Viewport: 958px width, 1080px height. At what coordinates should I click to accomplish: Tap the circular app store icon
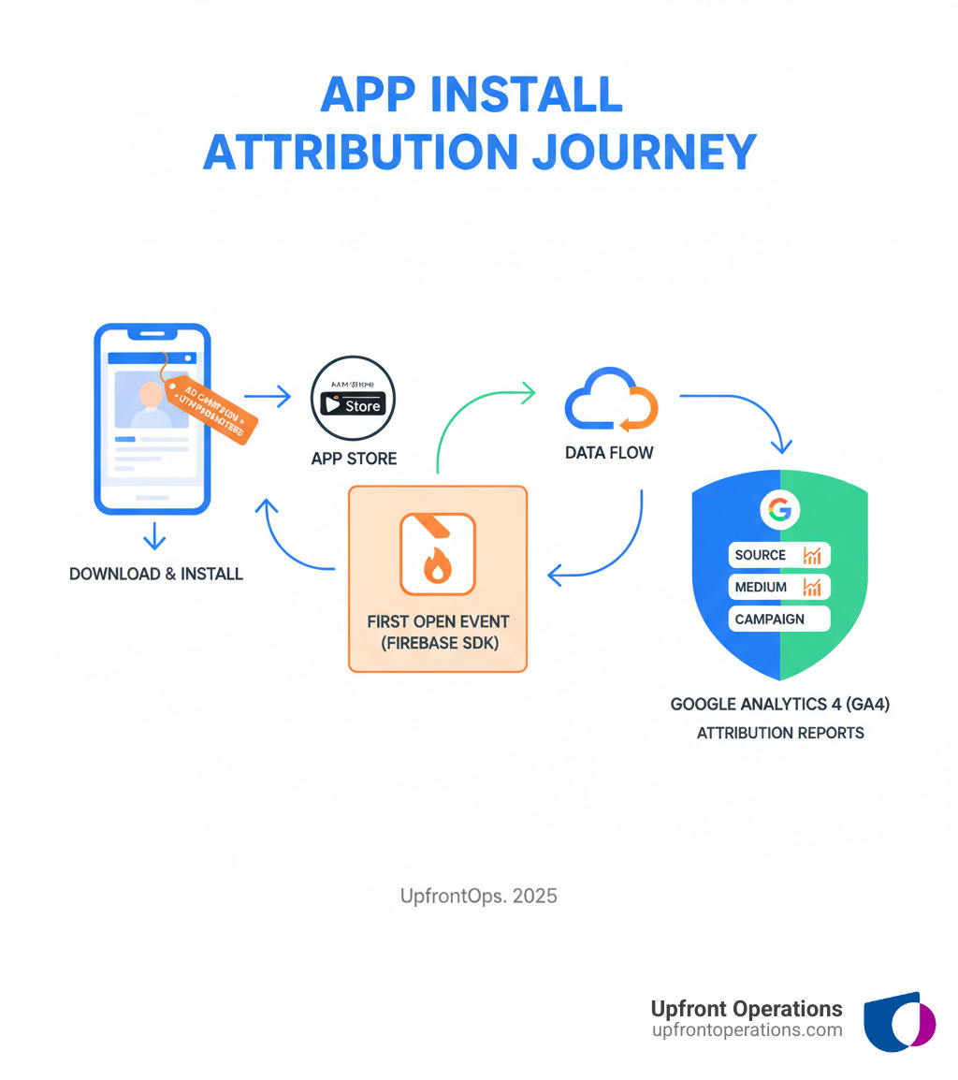coord(352,397)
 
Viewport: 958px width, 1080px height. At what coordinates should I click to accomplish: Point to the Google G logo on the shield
coord(779,509)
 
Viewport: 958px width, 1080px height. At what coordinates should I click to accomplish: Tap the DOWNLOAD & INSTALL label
coord(156,574)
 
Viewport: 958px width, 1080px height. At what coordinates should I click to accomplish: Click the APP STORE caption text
coord(354,459)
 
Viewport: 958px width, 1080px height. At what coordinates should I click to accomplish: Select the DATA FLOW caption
coord(609,453)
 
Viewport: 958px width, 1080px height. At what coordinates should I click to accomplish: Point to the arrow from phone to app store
coord(269,397)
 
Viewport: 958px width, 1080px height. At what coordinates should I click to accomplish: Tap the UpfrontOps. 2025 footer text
coord(478,896)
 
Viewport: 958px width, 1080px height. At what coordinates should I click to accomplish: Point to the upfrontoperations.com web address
coord(747,1029)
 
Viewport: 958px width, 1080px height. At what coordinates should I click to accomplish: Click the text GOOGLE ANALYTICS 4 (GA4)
coord(779,704)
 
